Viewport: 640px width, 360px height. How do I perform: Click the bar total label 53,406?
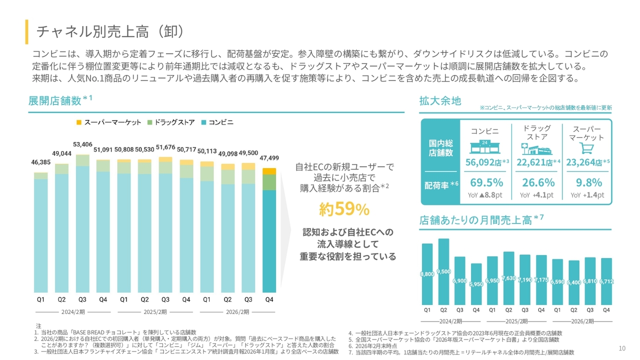(x=82, y=145)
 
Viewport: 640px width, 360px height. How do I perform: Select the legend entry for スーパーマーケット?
(x=109, y=122)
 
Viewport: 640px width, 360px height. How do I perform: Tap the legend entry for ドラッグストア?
(x=171, y=122)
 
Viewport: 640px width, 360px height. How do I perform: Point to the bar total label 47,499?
(x=269, y=158)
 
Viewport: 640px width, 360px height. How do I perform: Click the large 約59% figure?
(x=344, y=209)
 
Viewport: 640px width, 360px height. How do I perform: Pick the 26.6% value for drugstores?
(x=538, y=182)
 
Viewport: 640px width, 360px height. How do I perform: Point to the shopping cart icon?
(x=586, y=148)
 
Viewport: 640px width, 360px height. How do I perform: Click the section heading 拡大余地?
(x=440, y=100)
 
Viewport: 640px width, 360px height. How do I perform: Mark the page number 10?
(x=622, y=348)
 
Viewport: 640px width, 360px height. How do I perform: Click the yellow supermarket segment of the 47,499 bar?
(x=269, y=171)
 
